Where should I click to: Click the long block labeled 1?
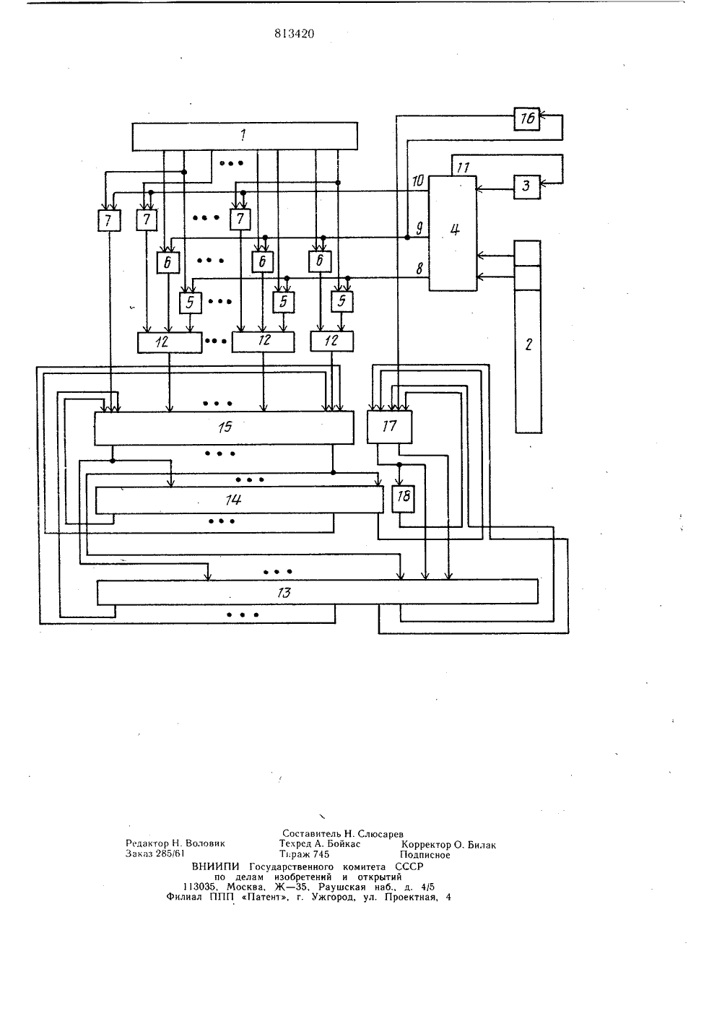point(245,136)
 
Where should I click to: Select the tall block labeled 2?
point(529,336)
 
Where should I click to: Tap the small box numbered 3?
point(527,187)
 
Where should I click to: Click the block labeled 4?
point(453,233)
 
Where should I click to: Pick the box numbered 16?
point(527,119)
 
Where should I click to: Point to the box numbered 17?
point(390,427)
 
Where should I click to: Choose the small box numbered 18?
point(404,500)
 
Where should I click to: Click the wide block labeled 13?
point(318,592)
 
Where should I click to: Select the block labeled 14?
point(240,500)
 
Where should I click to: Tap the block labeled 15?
point(225,428)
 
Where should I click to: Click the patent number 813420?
point(295,34)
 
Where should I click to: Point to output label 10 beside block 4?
point(418,181)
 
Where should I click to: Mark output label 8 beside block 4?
point(419,269)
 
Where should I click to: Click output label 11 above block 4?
point(463,168)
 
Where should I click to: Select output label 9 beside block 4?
point(419,227)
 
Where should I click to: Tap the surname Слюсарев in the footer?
point(380,835)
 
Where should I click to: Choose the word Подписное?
point(425,856)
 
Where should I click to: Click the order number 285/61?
point(170,854)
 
